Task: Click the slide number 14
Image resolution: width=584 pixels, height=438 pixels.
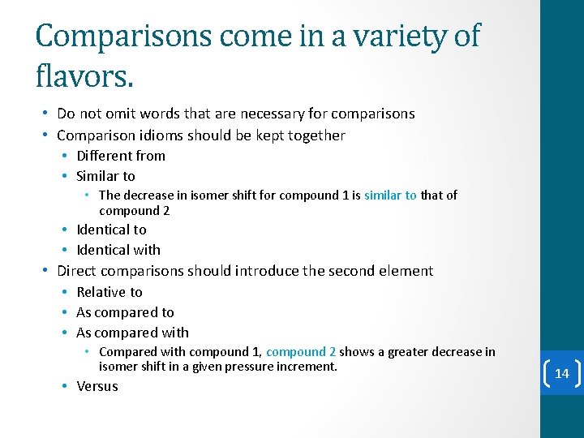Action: click(x=562, y=374)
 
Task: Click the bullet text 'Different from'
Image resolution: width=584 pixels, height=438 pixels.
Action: click(x=121, y=156)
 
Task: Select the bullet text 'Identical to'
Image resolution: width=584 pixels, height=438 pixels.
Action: click(x=111, y=230)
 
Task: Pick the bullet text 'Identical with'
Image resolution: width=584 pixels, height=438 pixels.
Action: click(x=118, y=250)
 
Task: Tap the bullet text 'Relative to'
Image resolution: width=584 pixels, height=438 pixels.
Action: click(x=109, y=292)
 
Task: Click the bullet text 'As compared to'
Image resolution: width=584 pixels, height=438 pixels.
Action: click(x=125, y=312)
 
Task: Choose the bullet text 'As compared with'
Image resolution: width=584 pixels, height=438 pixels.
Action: click(x=132, y=333)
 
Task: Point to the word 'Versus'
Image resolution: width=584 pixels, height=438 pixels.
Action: click(x=97, y=386)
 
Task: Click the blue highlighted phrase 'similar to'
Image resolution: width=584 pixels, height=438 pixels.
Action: click(x=390, y=195)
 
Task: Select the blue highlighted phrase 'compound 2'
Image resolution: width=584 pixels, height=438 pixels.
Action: click(x=301, y=352)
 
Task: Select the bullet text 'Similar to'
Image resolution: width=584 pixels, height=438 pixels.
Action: click(x=105, y=176)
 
